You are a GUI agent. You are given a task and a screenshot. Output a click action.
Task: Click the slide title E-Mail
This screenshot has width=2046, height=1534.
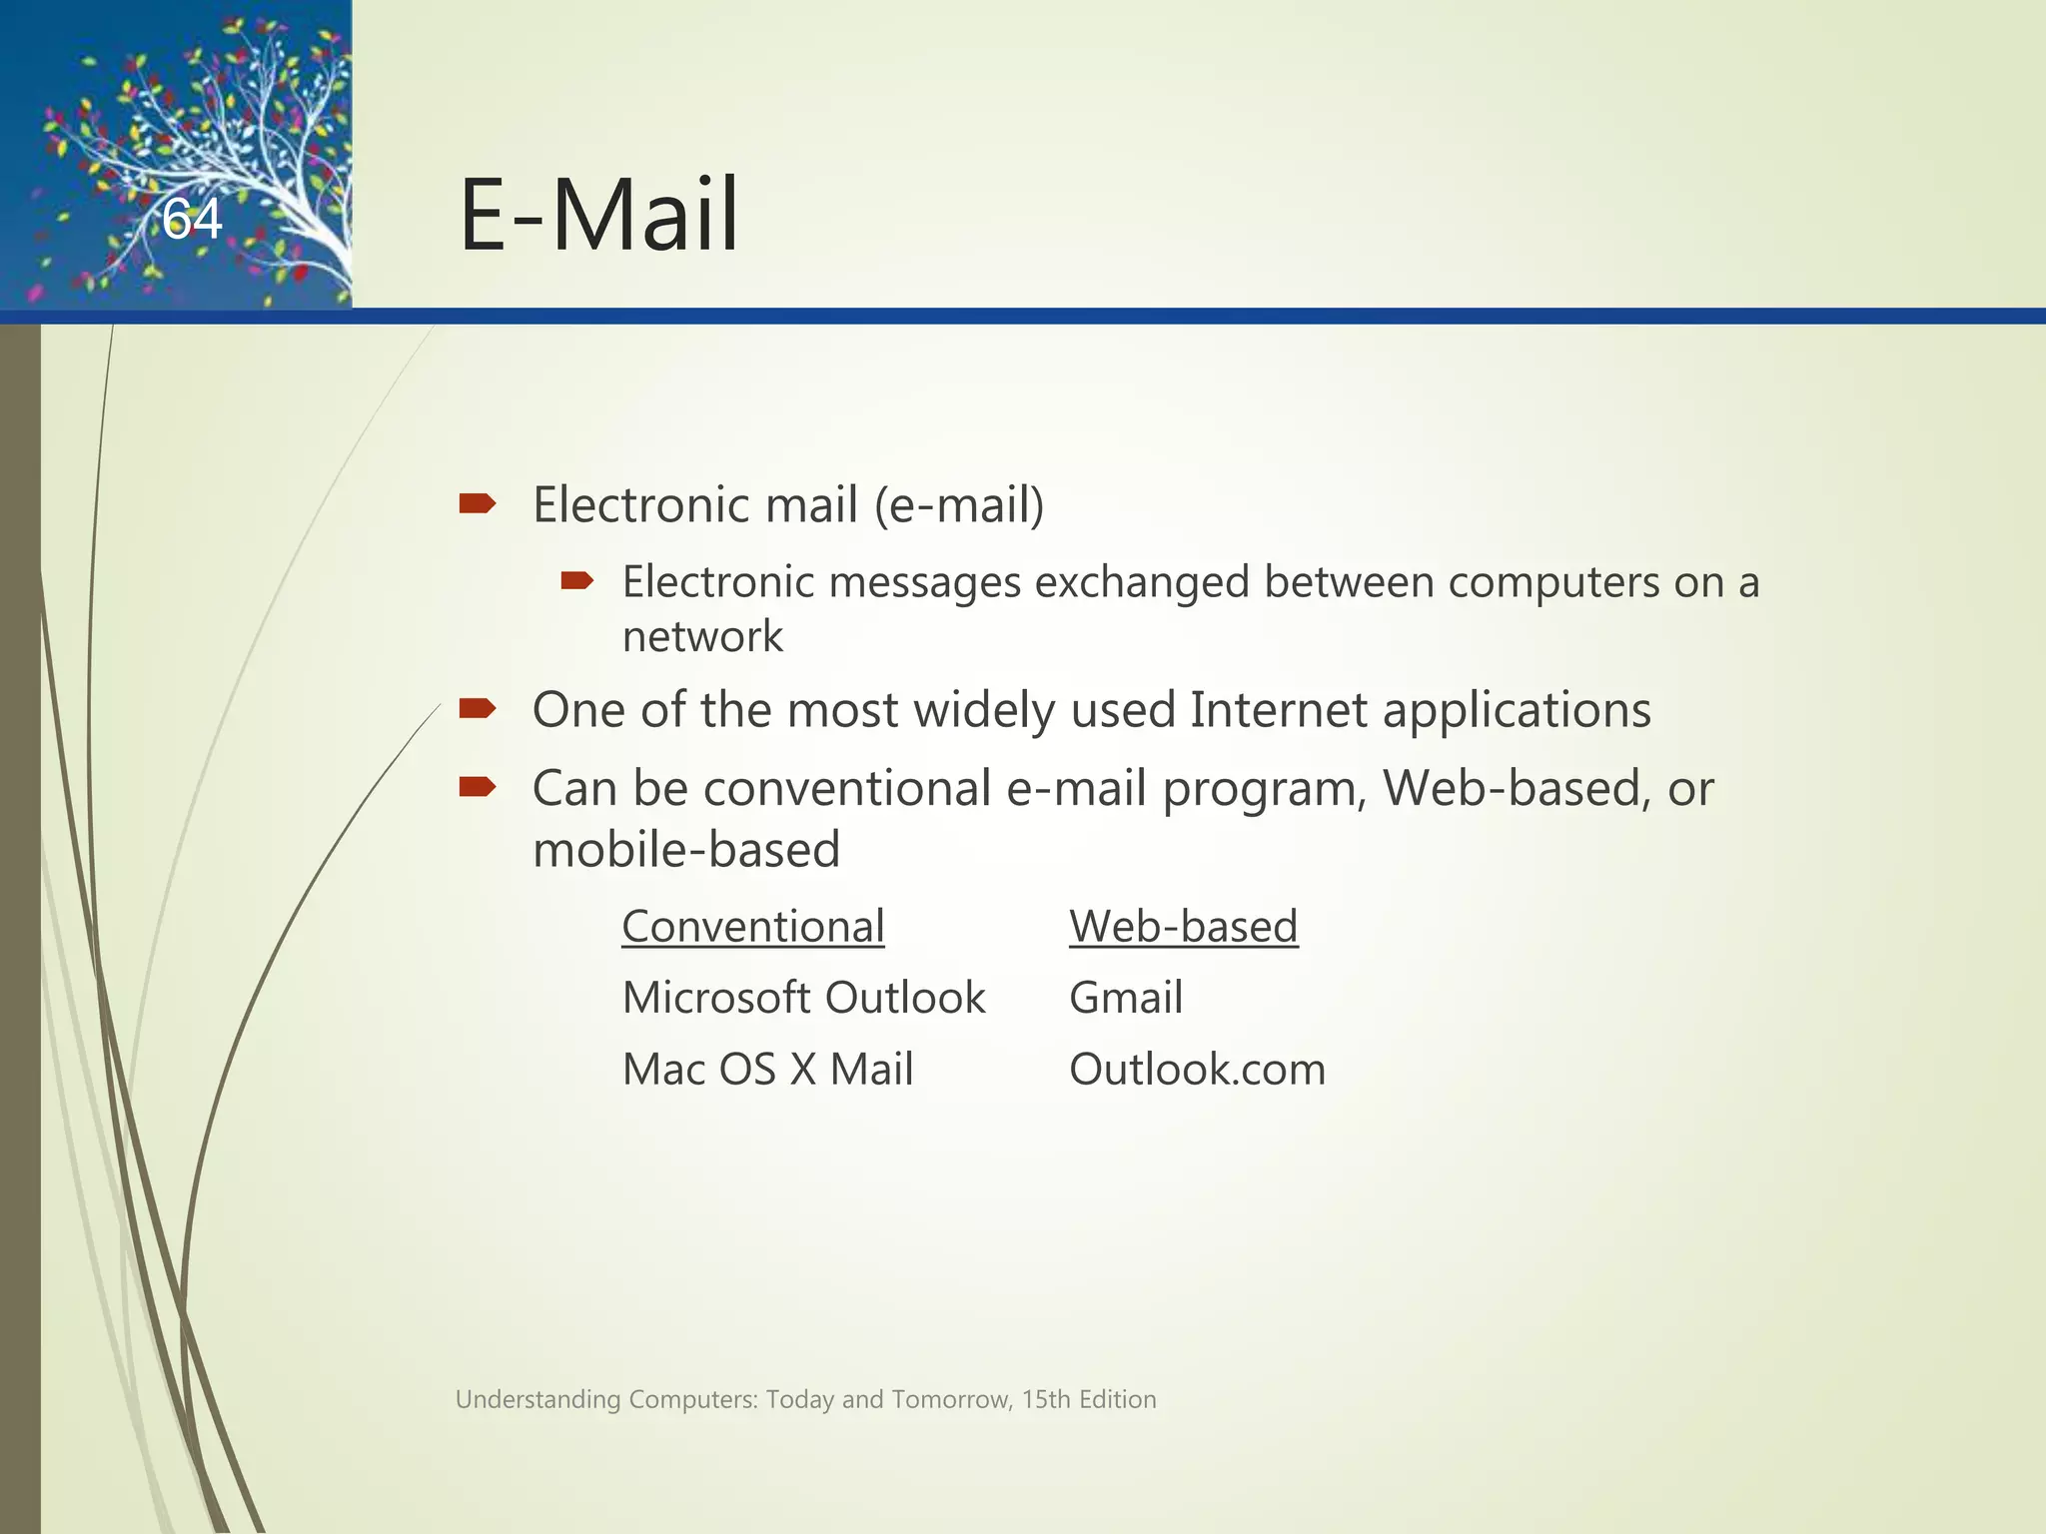pos(598,215)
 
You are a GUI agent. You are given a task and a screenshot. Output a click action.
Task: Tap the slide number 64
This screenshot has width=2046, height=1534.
pos(192,219)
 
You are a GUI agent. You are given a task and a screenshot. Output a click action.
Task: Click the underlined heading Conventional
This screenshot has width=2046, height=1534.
pos(753,927)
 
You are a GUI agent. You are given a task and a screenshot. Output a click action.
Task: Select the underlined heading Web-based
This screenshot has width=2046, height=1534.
pos(1183,927)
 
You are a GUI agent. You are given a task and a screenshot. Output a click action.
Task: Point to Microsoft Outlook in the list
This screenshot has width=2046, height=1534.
pos(803,998)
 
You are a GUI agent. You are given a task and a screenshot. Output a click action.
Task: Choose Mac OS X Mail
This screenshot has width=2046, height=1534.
pos(767,1070)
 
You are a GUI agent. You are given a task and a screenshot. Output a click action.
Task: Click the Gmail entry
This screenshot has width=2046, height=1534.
pos(1126,998)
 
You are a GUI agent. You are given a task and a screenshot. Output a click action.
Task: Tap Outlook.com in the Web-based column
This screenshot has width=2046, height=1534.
pos(1197,1070)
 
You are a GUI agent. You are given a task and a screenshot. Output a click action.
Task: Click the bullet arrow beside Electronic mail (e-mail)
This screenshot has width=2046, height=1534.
pos(478,503)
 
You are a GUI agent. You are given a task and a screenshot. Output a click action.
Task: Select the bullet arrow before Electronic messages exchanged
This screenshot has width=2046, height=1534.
pos(577,580)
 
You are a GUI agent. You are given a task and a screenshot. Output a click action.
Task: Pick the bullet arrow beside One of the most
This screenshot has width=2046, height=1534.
pos(478,709)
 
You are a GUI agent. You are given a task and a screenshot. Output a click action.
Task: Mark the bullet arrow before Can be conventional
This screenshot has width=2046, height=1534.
pos(478,788)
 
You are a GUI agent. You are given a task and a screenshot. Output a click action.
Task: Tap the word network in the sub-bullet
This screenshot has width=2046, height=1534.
pos(702,637)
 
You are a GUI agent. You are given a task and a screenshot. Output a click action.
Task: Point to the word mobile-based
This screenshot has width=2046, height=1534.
pos(686,850)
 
